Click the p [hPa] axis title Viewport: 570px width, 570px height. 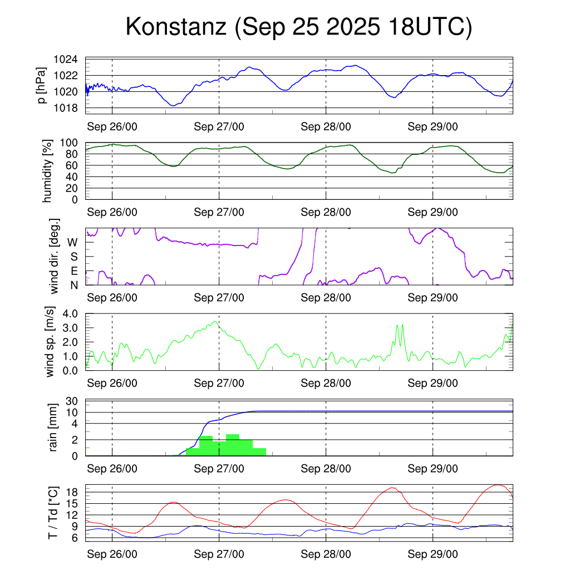42,85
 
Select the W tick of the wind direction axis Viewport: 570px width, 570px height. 72,242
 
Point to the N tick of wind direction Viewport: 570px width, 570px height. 73,285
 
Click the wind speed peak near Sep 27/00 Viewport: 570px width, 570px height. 215,322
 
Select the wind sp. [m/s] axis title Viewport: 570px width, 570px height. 51,342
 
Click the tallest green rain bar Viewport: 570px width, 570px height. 233,445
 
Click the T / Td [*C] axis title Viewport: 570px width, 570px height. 53,512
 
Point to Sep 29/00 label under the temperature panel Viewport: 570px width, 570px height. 433,554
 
